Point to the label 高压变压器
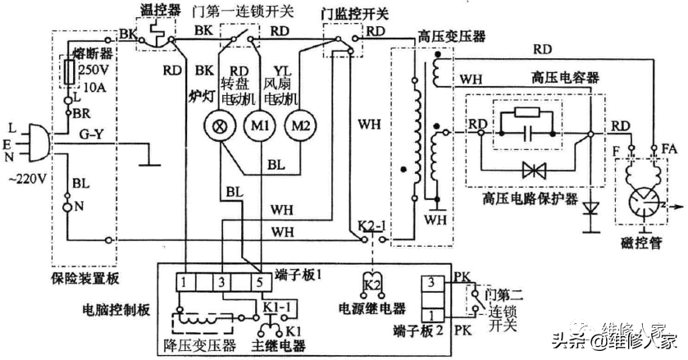point(451,37)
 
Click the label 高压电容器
point(565,78)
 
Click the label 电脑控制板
point(121,312)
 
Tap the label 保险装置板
point(84,278)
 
